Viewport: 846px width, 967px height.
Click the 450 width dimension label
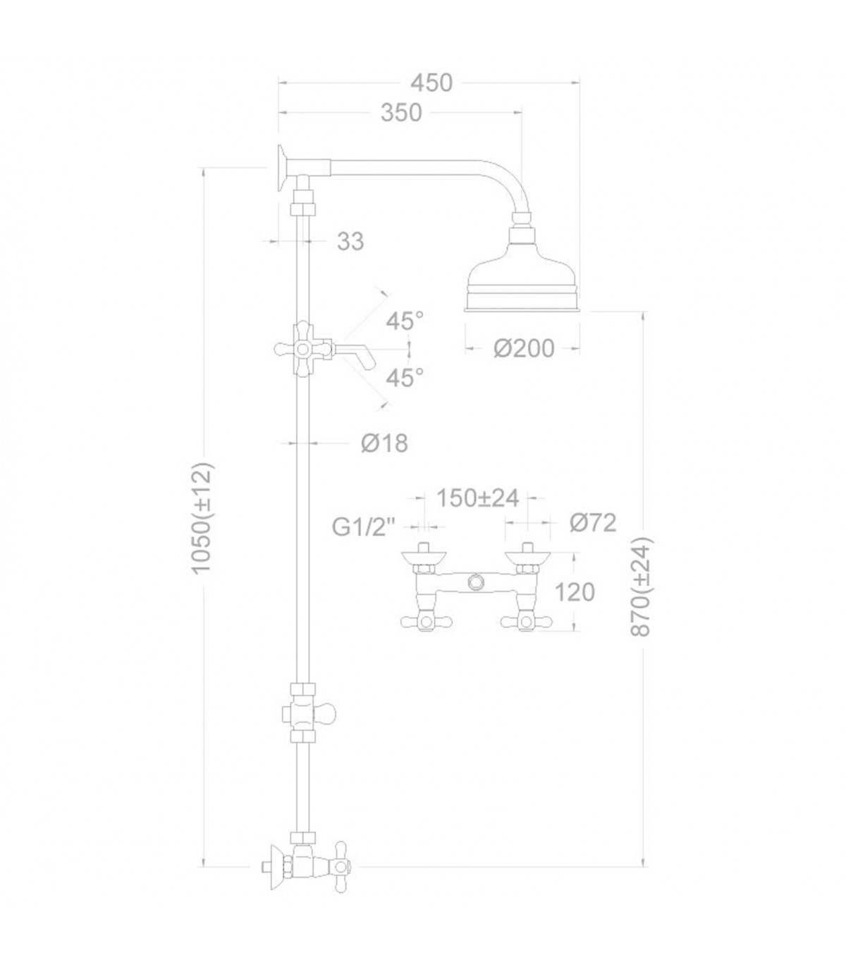click(x=431, y=83)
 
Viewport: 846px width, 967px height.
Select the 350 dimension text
click(x=401, y=114)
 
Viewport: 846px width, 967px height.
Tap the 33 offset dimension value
click(x=350, y=242)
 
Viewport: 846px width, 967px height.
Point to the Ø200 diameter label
click(x=524, y=350)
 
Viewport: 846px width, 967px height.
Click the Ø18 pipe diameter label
click(x=384, y=443)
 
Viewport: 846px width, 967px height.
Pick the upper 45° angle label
click(x=405, y=322)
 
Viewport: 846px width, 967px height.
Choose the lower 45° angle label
click(x=405, y=378)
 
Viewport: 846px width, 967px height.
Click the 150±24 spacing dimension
click(x=478, y=498)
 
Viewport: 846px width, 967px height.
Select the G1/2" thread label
click(x=364, y=527)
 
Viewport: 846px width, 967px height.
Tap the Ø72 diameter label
click(x=593, y=523)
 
